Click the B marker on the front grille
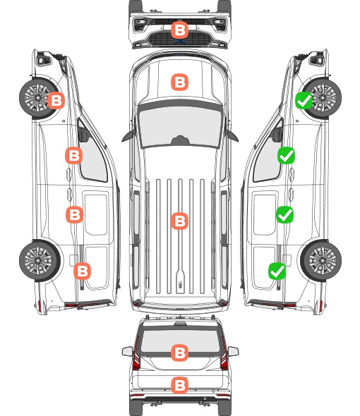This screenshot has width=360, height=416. [x=179, y=30]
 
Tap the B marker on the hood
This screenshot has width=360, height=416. [x=179, y=82]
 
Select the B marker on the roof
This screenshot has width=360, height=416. [x=179, y=221]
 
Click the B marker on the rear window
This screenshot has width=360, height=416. [x=179, y=353]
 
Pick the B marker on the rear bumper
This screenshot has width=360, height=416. [x=179, y=385]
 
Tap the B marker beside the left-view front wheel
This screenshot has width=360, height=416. [x=56, y=101]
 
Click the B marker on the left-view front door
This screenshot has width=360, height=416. [x=74, y=155]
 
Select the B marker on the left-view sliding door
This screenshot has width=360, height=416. [x=74, y=214]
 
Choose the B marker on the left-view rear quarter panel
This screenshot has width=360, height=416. [x=82, y=271]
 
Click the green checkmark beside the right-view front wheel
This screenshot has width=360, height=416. [x=304, y=101]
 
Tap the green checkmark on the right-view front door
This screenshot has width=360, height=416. [x=286, y=155]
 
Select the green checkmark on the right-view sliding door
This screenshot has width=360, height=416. [x=284, y=214]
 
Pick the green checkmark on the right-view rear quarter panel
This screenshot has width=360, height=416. [x=277, y=271]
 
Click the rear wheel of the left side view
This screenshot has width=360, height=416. [x=40, y=260]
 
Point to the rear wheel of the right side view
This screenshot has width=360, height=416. [x=321, y=260]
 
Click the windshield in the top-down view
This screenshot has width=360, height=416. [x=180, y=127]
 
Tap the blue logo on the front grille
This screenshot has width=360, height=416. [x=179, y=41]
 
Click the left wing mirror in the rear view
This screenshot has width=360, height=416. [x=127, y=352]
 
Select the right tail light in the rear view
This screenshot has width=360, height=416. [x=224, y=354]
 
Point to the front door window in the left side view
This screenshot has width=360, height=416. [x=92, y=157]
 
